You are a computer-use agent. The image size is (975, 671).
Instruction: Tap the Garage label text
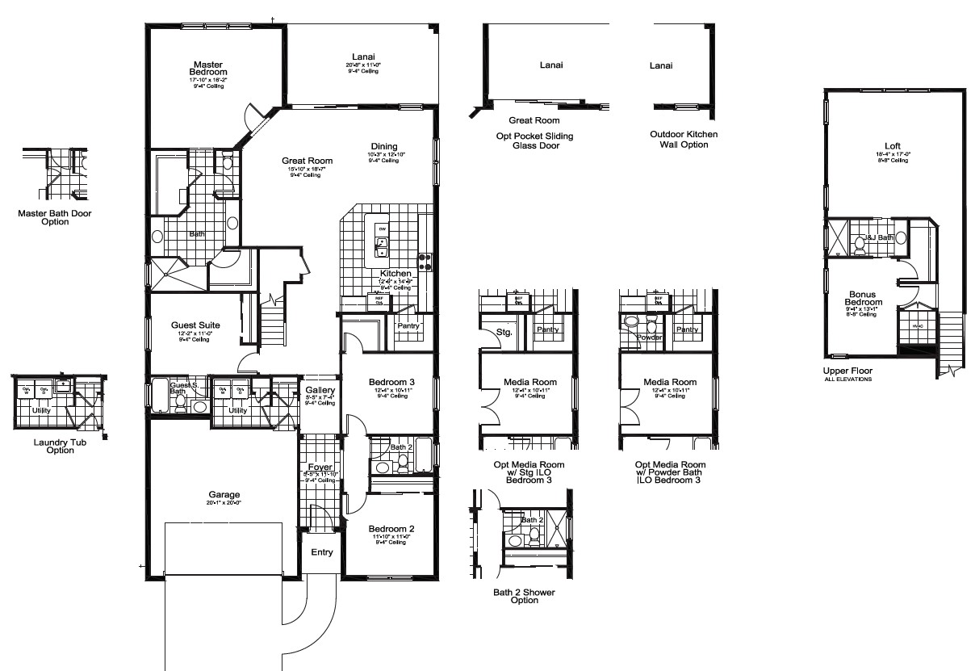tap(224, 495)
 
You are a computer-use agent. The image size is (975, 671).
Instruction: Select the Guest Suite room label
tap(195, 325)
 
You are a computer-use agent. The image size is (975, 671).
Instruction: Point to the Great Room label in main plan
tap(307, 161)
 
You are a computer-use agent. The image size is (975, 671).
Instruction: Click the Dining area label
tap(384, 146)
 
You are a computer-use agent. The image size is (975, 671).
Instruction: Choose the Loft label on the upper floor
tap(891, 146)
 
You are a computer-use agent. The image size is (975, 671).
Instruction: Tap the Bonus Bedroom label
tap(864, 298)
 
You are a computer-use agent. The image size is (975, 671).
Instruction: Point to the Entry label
tap(321, 552)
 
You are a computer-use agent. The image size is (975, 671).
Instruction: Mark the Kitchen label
tap(396, 274)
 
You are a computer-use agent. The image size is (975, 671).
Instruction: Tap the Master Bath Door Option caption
tap(55, 218)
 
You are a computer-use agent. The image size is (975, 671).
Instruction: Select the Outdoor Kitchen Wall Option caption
tap(684, 139)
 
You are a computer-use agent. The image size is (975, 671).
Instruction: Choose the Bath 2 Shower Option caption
tap(524, 596)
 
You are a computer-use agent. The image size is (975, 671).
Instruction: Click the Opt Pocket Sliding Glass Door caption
tap(529, 140)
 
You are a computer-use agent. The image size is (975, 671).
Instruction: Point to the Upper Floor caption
tap(847, 371)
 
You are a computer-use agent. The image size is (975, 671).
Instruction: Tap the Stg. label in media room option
tap(504, 331)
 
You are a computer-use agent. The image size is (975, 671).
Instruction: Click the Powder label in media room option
tap(649, 338)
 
